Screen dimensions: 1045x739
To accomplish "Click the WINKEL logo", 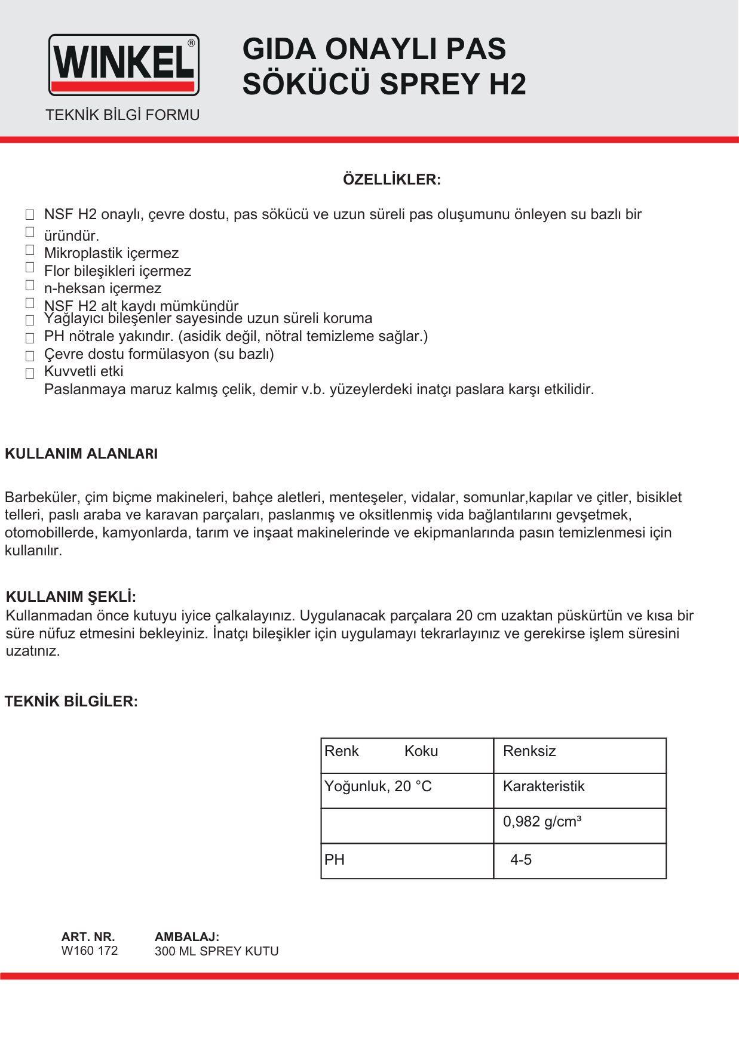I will point(124,64).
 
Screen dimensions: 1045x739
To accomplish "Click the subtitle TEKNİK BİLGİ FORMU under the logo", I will point(122,115).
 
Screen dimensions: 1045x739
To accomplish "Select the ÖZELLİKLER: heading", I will point(392,180).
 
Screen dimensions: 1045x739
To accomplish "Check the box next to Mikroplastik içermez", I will point(30,250).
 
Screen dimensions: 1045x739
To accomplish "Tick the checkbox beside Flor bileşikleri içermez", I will point(30,267).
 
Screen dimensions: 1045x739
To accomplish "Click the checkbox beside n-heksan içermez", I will point(30,285).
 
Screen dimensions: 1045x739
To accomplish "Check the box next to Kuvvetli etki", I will point(30,374).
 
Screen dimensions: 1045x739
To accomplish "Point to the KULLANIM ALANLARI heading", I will point(81,454).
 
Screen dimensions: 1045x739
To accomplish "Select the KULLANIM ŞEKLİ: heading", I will point(71,597).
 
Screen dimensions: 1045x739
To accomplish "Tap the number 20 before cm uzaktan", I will point(464,616).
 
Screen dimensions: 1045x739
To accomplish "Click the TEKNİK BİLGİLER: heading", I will point(71,702).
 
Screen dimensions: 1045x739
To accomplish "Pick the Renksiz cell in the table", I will point(529,751).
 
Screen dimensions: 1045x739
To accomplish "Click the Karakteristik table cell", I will point(544,786).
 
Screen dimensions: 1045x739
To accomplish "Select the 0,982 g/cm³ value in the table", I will point(542,822).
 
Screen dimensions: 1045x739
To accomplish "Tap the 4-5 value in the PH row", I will point(521,860).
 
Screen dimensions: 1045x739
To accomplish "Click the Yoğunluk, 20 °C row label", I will point(378,786).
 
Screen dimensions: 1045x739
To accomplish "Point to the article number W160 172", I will point(90,951).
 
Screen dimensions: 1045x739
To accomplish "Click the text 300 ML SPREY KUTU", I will point(216,951).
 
